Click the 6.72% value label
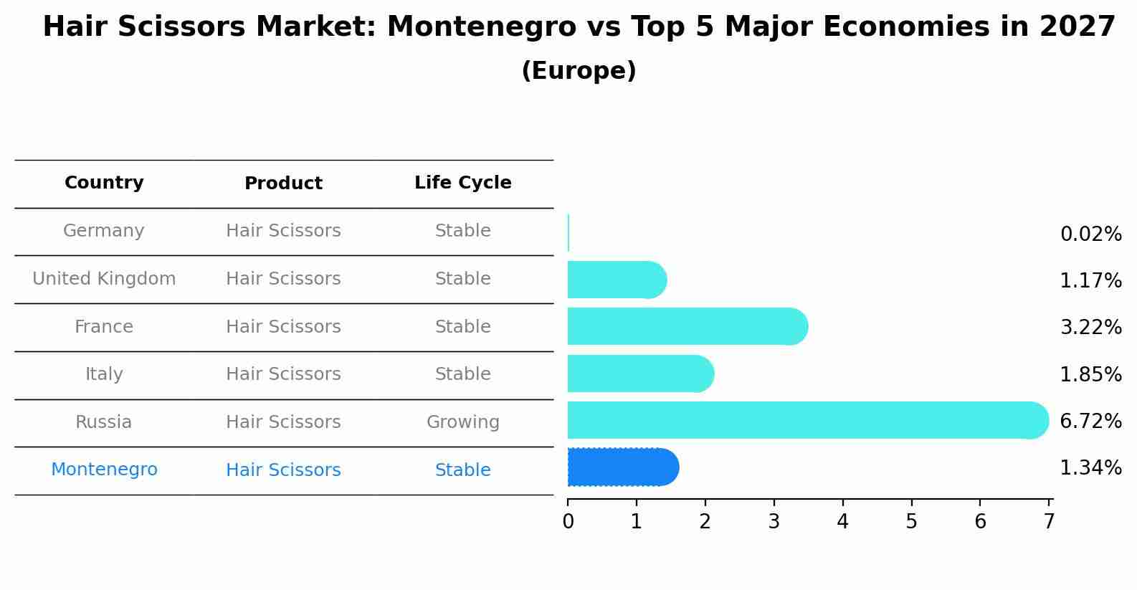pyautogui.click(x=1090, y=422)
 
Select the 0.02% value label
pyautogui.click(x=1090, y=234)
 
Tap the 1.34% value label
pyautogui.click(x=1090, y=468)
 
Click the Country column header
pyautogui.click(x=104, y=183)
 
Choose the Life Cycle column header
pyautogui.click(x=462, y=183)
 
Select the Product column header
pyautogui.click(x=283, y=184)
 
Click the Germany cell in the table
pyautogui.click(x=104, y=231)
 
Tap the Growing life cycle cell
pyautogui.click(x=462, y=422)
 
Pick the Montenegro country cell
pyautogui.click(x=104, y=470)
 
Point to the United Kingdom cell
pyautogui.click(x=104, y=279)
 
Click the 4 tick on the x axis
pyautogui.click(x=842, y=522)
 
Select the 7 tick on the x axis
pyautogui.click(x=1049, y=522)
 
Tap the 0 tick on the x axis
pyautogui.click(x=568, y=522)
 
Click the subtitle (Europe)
pyautogui.click(x=579, y=71)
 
